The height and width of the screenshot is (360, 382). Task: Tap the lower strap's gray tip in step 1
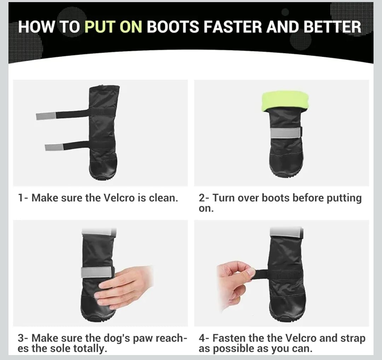pos(53,147)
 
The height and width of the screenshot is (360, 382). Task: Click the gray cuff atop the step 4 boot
pos(286,232)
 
